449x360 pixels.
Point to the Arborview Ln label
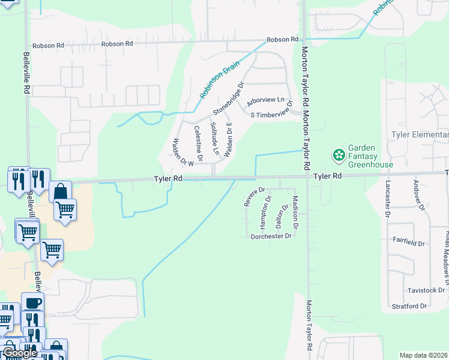pyautogui.click(x=265, y=101)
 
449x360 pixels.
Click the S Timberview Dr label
pyautogui.click(x=271, y=112)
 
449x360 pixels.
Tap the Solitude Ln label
pyautogui.click(x=214, y=139)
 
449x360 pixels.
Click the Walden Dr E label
pyautogui.click(x=229, y=140)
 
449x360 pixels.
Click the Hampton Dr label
pyautogui.click(x=265, y=211)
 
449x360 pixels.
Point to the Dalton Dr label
pyautogui.click(x=279, y=215)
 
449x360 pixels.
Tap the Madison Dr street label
pyautogui.click(x=295, y=212)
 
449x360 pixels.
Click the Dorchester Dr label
pyautogui.click(x=271, y=236)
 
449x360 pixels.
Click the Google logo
pyautogui.click(x=20, y=353)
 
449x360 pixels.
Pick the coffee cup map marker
pyautogui.click(x=32, y=302)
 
